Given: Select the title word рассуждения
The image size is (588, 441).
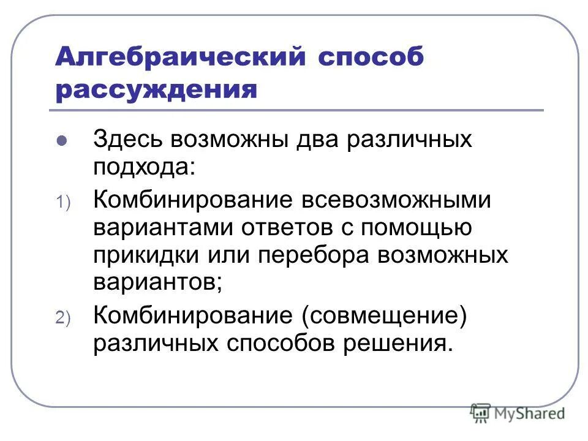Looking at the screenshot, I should coord(156,90).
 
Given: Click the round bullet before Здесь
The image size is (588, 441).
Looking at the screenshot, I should coord(61,141).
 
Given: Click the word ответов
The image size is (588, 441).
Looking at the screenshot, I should coord(290,227).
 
